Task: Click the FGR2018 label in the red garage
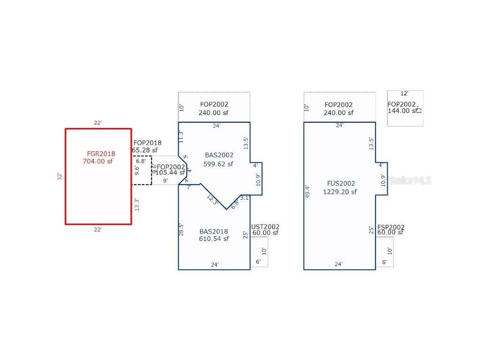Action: pyautogui.click(x=101, y=154)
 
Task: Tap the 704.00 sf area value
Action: pyautogui.click(x=97, y=162)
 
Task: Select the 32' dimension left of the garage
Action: pyautogui.click(x=60, y=177)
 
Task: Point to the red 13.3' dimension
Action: pyautogui.click(x=136, y=204)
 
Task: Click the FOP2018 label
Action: pyautogui.click(x=147, y=143)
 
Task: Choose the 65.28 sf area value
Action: pyautogui.click(x=144, y=150)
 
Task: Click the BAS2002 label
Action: pyautogui.click(x=219, y=155)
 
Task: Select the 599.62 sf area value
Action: pyautogui.click(x=218, y=164)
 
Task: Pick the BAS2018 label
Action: pyautogui.click(x=214, y=232)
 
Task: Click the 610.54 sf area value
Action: pyautogui.click(x=214, y=239)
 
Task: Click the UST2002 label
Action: pyautogui.click(x=266, y=227)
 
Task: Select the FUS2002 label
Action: pyautogui.click(x=341, y=184)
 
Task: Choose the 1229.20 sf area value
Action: pyautogui.click(x=340, y=192)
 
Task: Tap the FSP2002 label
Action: pyautogui.click(x=391, y=227)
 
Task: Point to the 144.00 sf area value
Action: pyautogui.click(x=402, y=111)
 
